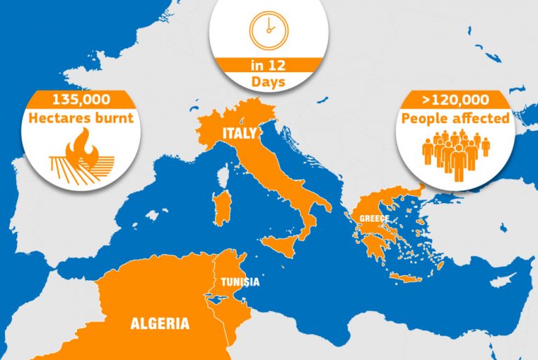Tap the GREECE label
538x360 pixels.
374,219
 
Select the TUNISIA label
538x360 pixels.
240,282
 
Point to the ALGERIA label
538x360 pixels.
160,324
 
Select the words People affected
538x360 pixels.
455,118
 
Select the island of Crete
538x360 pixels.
408,277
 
